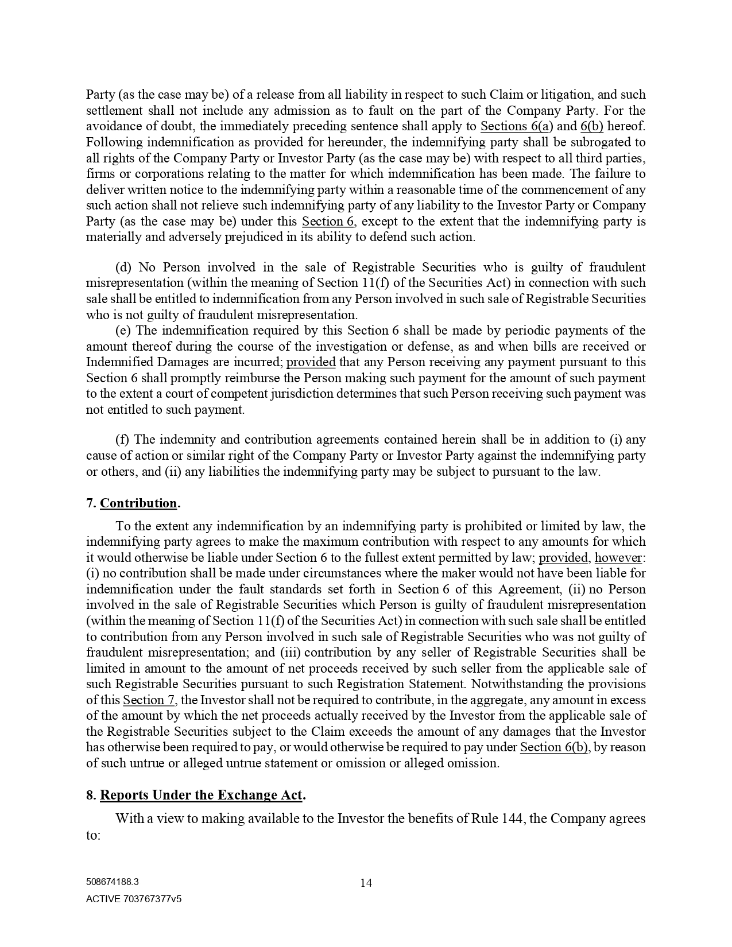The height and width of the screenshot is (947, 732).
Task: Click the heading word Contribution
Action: coord(138,503)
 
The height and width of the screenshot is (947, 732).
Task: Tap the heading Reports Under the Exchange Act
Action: coord(201,795)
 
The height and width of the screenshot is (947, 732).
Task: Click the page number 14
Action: coord(366,883)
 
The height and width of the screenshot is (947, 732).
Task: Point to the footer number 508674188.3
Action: coord(112,883)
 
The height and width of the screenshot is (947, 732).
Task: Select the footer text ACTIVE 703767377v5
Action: coord(134,899)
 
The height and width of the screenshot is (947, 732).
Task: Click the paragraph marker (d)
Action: coord(123,267)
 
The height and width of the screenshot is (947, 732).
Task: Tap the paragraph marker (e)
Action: coord(123,331)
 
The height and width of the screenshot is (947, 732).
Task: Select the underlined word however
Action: coord(618,558)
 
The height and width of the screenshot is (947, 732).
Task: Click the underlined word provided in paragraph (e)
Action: coord(311,362)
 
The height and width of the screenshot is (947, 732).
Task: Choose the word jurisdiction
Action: coord(300,394)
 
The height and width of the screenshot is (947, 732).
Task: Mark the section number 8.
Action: coord(91,795)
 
